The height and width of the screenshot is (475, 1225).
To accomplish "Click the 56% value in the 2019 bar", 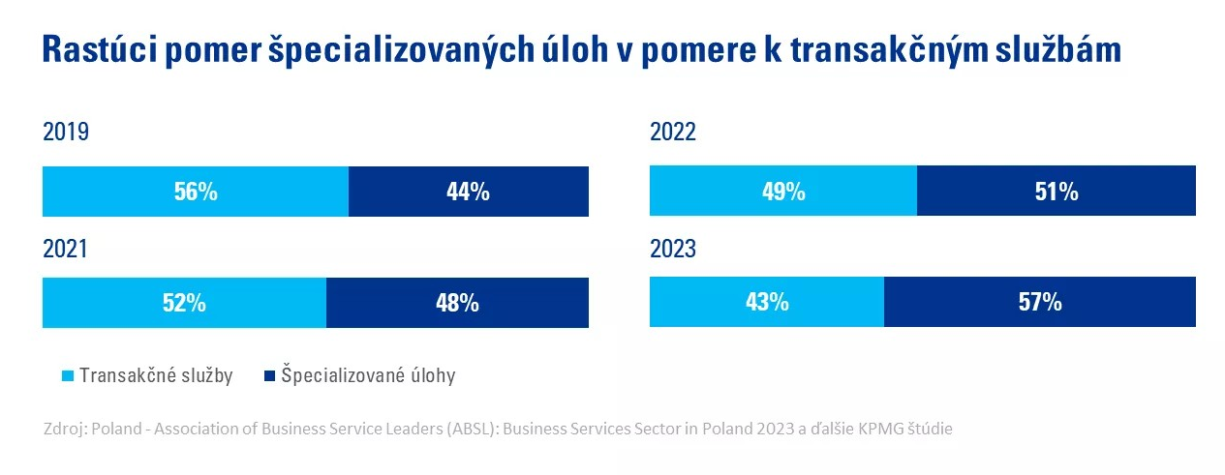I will (x=196, y=192).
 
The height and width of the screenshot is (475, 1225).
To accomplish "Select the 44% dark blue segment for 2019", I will (x=468, y=192).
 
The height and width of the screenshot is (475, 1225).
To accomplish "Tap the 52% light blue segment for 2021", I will (x=184, y=303).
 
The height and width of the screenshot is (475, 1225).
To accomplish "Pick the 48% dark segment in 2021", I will (x=457, y=303).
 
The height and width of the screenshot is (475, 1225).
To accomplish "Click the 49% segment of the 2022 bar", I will (x=782, y=192).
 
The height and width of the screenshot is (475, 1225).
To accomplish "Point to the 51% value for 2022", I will (x=1056, y=192).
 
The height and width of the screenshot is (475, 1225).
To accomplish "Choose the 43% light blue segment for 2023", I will (x=766, y=303).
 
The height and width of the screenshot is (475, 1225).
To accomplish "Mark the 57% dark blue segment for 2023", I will (x=1039, y=303).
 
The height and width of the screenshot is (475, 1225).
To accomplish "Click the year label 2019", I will (x=66, y=133).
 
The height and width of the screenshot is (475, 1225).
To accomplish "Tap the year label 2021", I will (x=66, y=249).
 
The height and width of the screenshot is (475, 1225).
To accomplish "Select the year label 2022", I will (x=673, y=133).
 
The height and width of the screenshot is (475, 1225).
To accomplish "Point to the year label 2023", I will (x=673, y=249).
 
